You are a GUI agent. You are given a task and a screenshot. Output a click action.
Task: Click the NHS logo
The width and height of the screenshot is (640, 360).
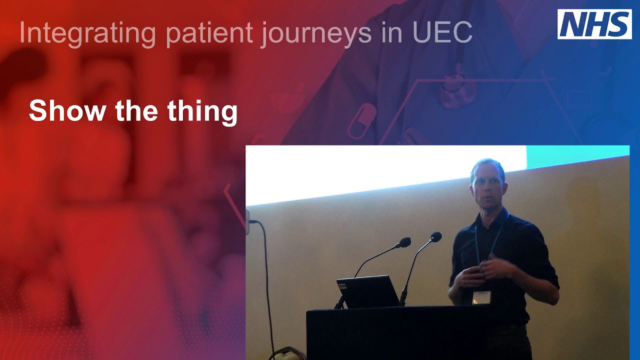[594, 24]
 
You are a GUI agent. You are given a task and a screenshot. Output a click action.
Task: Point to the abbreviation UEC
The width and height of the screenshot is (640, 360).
[443, 33]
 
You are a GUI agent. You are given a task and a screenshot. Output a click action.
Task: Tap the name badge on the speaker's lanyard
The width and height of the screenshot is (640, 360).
[481, 297]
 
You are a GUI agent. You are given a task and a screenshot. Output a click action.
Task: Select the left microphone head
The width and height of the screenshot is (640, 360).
[405, 242]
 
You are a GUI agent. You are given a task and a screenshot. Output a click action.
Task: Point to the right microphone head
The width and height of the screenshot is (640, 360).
[436, 236]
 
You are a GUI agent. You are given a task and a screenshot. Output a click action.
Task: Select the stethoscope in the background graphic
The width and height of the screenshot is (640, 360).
[454, 87]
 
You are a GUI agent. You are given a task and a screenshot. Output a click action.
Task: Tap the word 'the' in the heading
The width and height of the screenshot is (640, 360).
[141, 110]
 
